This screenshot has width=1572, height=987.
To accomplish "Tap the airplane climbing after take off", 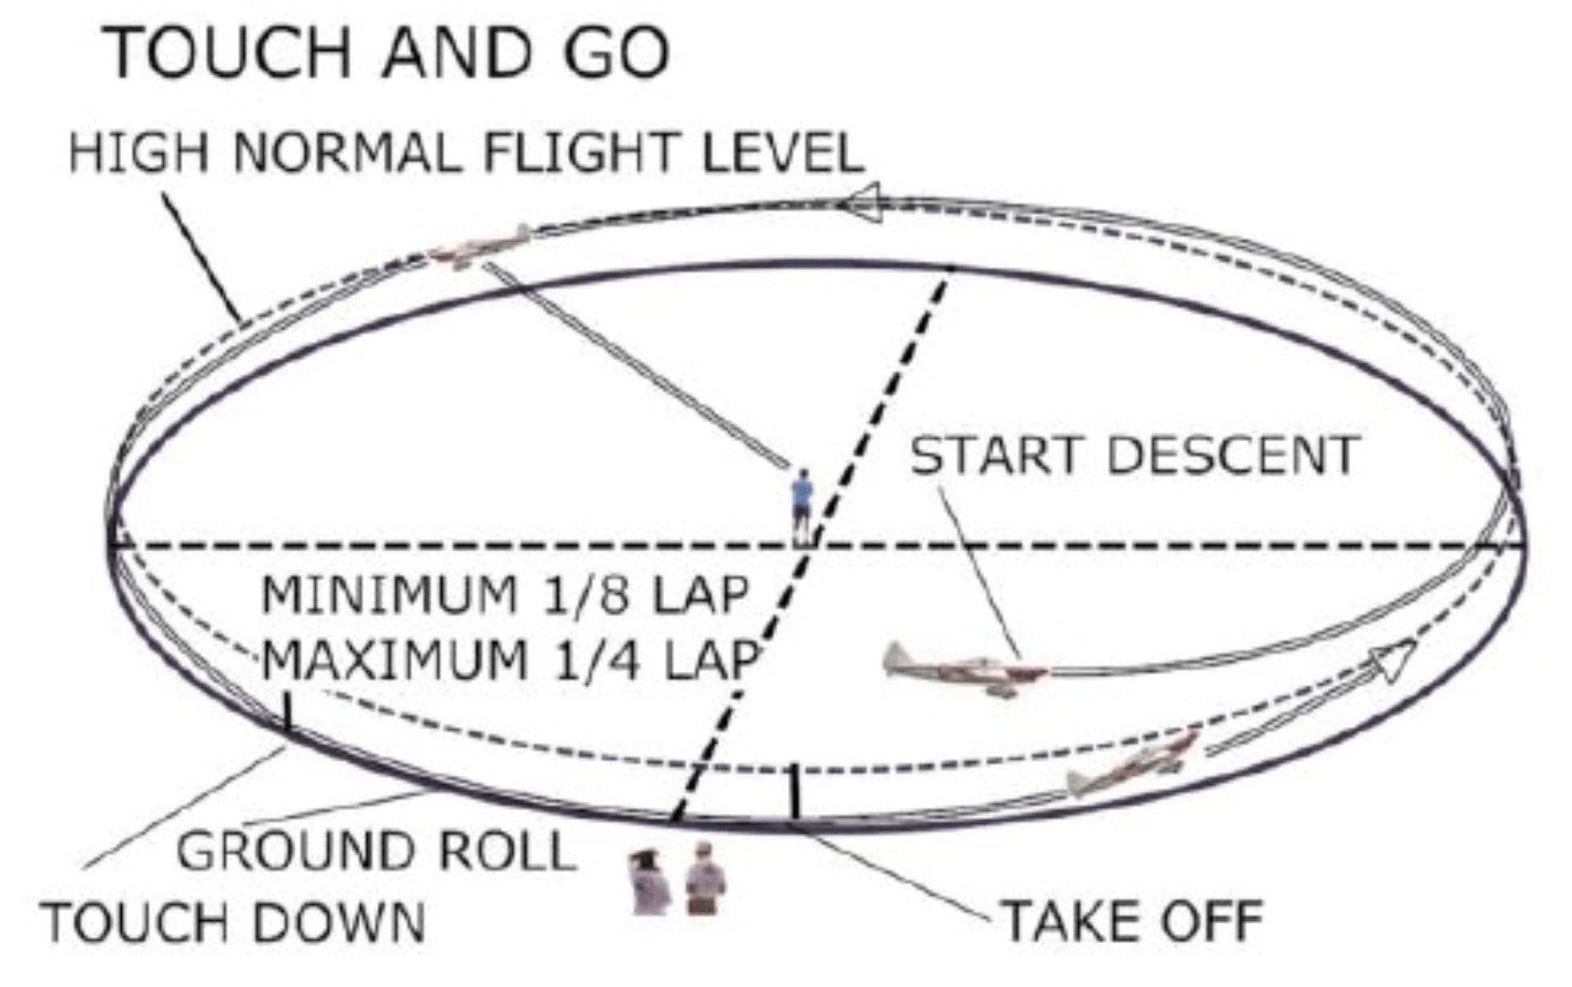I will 1133,763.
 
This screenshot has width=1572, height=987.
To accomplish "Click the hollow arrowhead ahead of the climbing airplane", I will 1393,661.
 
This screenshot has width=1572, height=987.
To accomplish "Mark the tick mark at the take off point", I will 793,792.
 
